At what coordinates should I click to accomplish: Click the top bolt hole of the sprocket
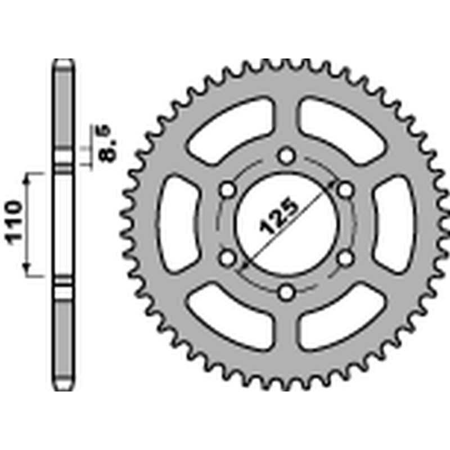[287, 155]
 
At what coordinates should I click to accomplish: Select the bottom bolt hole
[287, 292]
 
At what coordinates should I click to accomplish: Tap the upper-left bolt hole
[228, 189]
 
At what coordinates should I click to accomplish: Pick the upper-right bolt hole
[346, 189]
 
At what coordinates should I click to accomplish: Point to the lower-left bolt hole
[228, 258]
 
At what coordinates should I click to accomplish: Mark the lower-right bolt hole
[346, 258]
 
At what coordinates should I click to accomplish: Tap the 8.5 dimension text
[109, 145]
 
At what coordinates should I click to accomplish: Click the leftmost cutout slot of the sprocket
[179, 224]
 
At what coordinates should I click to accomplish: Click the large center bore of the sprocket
[287, 224]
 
